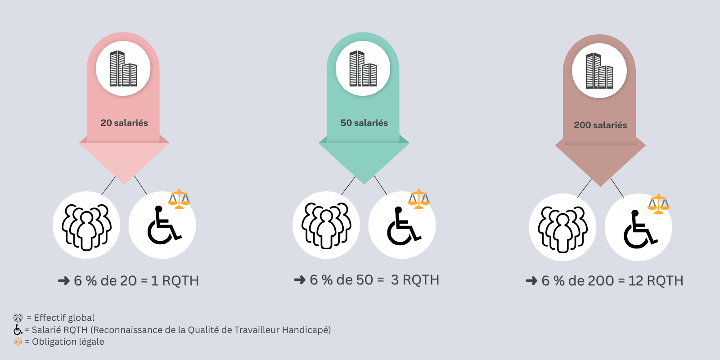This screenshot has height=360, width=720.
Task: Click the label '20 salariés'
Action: (x=124, y=123)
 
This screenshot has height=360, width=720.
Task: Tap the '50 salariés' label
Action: (x=364, y=123)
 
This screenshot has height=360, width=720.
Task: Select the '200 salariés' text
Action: (x=600, y=125)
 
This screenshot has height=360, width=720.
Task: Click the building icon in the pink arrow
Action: (x=123, y=68)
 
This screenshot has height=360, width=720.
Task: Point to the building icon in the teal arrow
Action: (x=363, y=68)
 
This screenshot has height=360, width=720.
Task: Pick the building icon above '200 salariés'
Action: (x=599, y=71)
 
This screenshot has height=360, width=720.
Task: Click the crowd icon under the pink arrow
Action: (x=86, y=227)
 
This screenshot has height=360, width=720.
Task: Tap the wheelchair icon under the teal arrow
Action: (x=404, y=225)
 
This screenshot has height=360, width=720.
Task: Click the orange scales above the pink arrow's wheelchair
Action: (x=179, y=199)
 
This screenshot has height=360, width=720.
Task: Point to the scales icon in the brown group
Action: (x=658, y=204)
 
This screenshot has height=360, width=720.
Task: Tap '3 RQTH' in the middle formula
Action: (x=415, y=280)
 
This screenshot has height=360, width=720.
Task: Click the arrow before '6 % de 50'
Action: (x=300, y=280)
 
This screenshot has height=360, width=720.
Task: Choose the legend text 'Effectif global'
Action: (x=64, y=318)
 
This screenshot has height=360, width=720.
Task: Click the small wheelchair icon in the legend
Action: (x=18, y=330)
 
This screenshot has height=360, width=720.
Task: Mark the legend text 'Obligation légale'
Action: (x=68, y=342)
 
